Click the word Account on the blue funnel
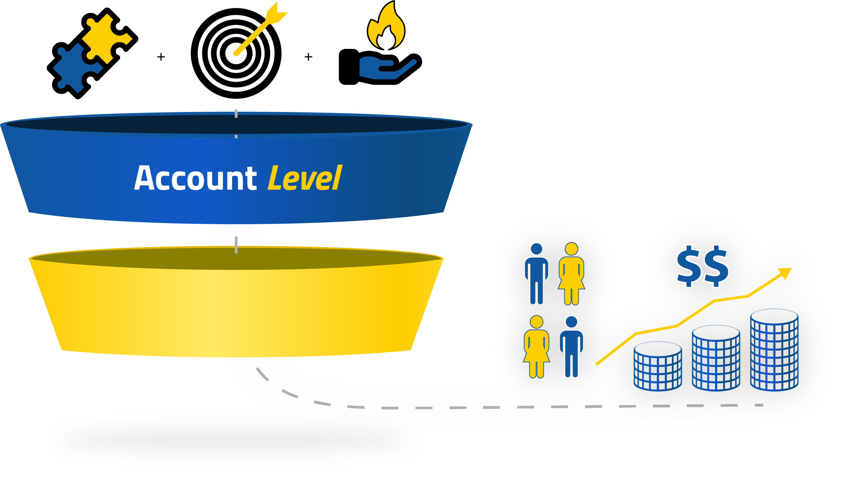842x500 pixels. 195,179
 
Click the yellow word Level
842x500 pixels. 305,179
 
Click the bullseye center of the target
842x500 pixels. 236,53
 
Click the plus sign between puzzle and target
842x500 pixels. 161,57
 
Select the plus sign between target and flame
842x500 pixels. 308,57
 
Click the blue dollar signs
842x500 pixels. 703,266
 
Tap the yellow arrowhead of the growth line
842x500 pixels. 785,273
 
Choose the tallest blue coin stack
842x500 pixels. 774,350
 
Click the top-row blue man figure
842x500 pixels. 536,274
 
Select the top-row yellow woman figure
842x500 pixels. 571,274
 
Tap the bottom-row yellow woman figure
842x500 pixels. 536,347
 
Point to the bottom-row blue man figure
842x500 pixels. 571,347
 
